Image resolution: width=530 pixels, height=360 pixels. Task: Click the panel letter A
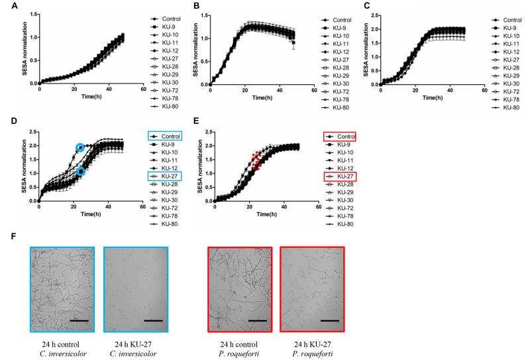pos(14,6)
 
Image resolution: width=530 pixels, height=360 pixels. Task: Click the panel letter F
pos(13,236)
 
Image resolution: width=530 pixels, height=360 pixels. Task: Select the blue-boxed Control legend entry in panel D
pos(165,137)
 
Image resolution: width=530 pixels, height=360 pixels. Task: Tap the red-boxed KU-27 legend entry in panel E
pos(340,176)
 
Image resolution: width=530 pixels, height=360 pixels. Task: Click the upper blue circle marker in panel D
pos(80,148)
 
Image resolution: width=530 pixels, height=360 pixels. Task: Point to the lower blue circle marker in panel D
pos(80,172)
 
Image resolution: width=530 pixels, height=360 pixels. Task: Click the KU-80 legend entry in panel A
pos(165,106)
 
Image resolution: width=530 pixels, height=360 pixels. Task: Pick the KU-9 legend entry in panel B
pos(334,28)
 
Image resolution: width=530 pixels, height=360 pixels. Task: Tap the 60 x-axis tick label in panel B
pos(314,90)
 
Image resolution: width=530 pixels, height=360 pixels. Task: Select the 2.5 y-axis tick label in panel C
pos(374,15)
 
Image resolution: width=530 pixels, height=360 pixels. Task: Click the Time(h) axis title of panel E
pos(267,214)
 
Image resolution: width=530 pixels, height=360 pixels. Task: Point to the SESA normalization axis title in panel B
pos(195,50)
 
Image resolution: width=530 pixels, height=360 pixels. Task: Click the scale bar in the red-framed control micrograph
pos(258,320)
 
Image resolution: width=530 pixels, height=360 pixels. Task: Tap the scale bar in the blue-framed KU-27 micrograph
pos(153,320)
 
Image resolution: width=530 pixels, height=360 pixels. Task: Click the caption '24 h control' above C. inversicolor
pos(61,345)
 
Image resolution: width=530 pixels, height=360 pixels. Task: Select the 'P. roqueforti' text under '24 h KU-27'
pos(312,354)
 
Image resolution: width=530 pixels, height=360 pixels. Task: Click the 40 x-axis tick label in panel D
pos(108,207)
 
